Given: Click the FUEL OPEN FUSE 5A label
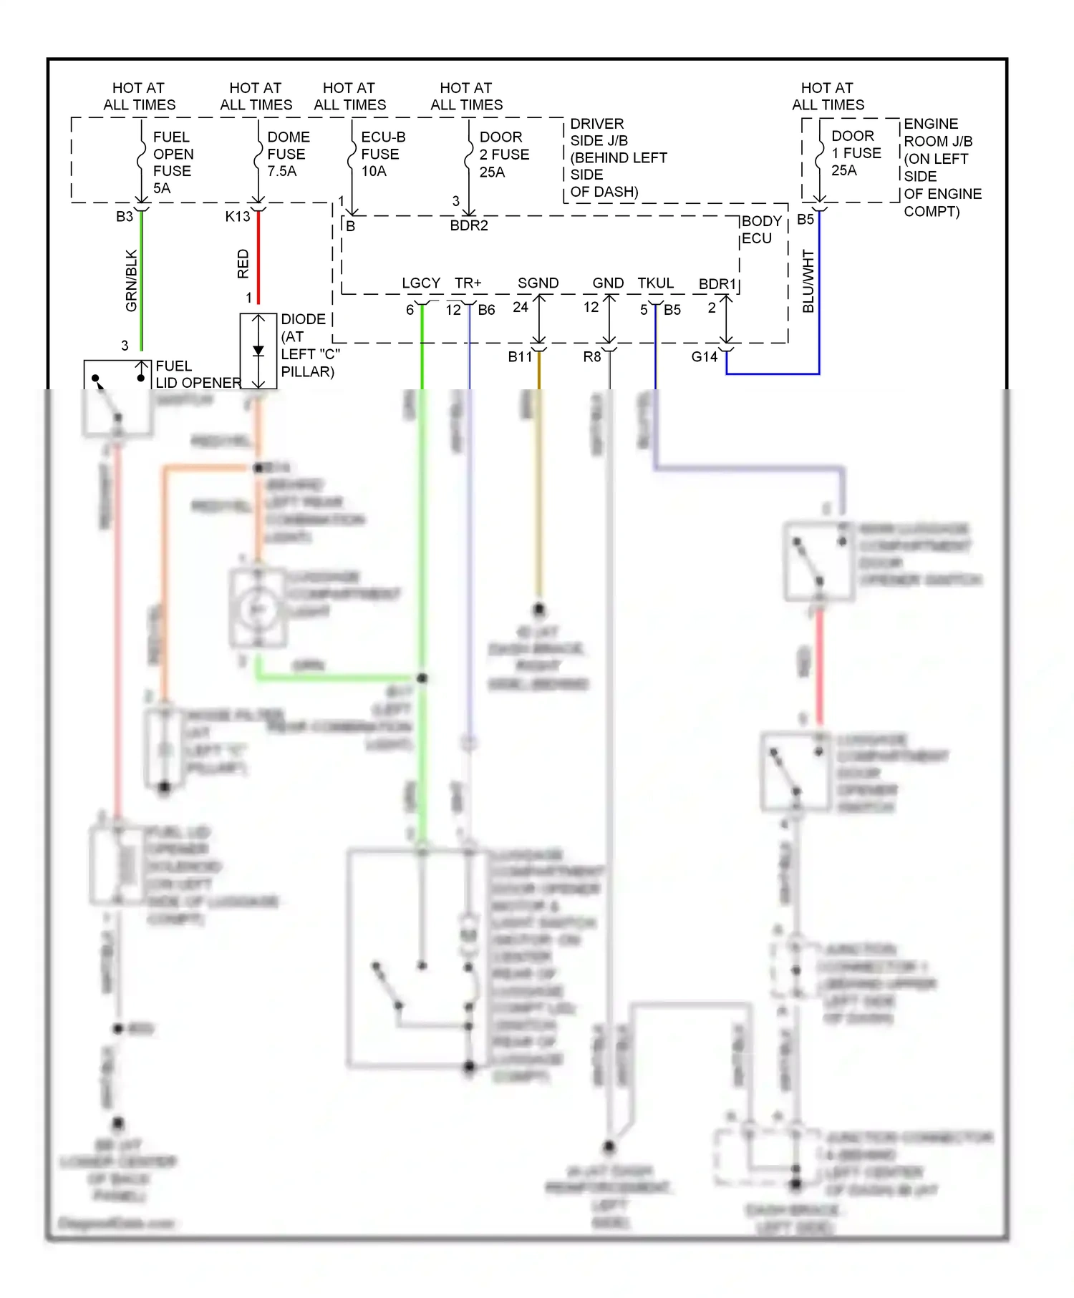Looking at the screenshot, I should (172, 162).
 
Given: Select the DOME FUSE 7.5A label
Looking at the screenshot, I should (288, 154).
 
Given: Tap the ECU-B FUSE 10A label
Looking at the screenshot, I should (382, 154).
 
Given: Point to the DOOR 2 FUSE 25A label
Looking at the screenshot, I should (503, 155).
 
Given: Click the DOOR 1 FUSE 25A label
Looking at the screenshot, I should (855, 153).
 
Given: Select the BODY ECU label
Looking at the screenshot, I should (760, 230).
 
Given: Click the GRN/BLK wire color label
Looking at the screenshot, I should (131, 280).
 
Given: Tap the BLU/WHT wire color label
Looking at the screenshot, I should (808, 281).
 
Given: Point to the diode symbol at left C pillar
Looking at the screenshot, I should (258, 351).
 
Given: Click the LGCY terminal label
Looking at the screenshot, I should (420, 283).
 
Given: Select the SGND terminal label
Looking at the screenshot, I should (538, 283).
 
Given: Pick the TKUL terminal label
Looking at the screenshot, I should (655, 283).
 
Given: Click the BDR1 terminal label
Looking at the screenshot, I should (717, 284).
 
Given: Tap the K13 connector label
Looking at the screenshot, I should (237, 217).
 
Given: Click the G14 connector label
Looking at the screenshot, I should (704, 356).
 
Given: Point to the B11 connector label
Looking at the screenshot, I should (520, 356).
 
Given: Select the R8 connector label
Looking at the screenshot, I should (591, 356).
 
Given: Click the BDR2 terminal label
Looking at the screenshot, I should (468, 225).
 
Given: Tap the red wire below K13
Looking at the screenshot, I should (258, 258).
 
